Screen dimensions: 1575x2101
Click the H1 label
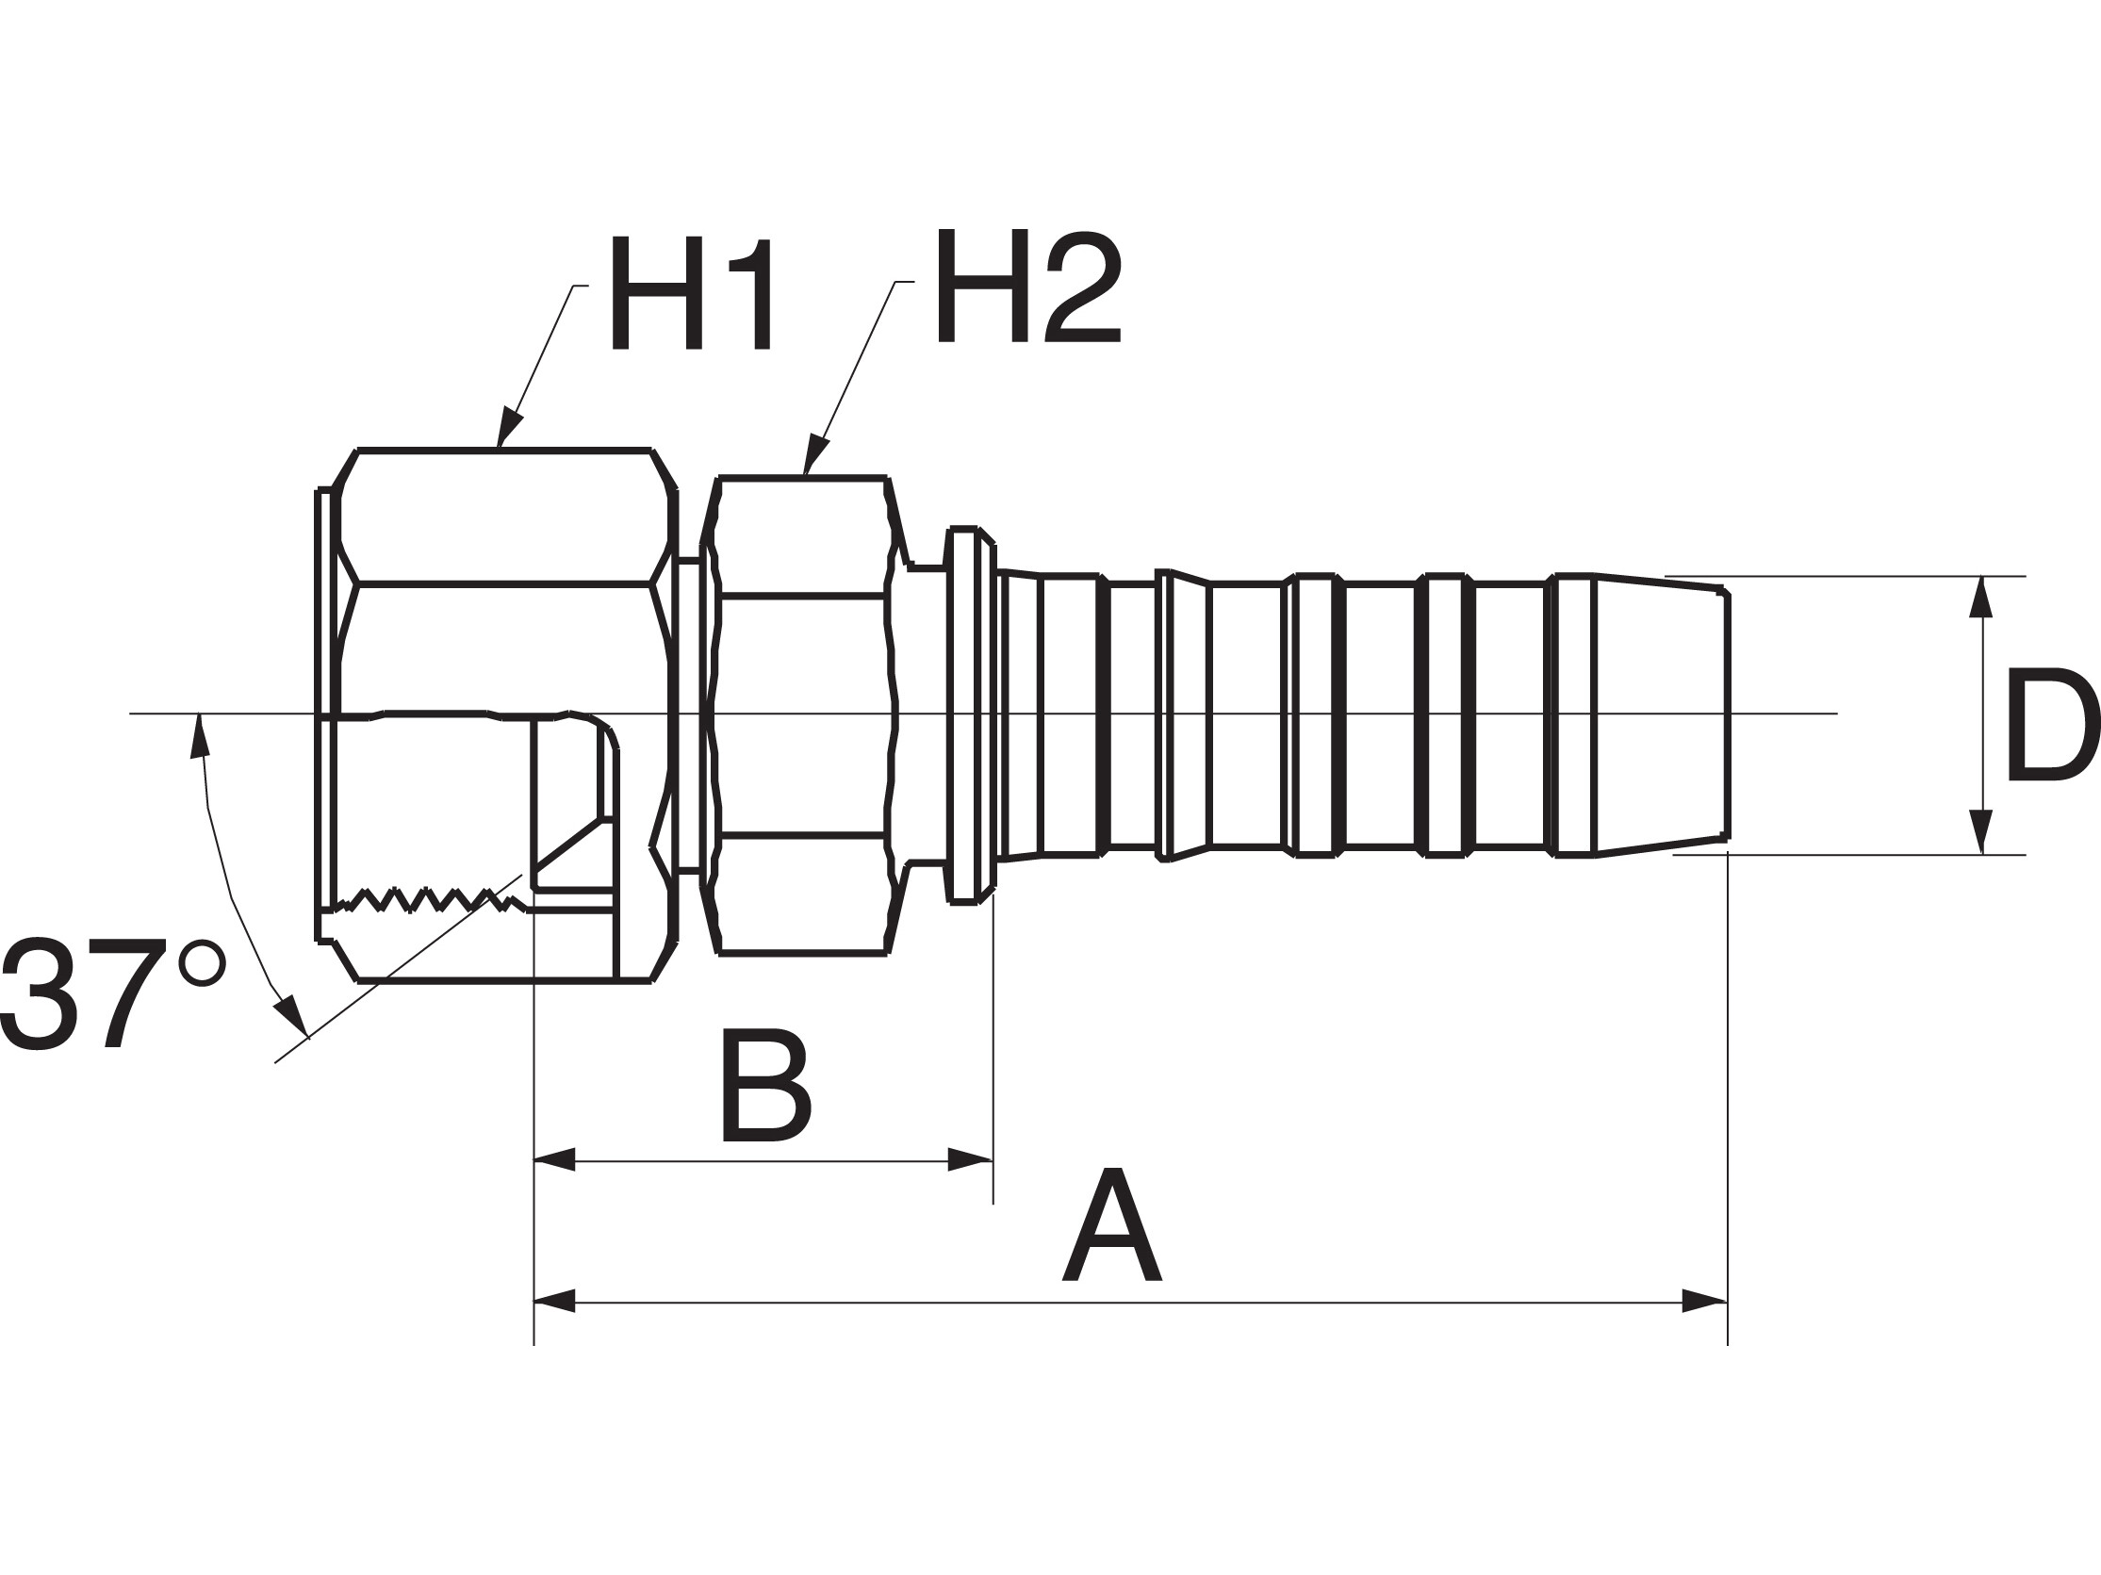692,293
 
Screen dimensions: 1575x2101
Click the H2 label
1027,286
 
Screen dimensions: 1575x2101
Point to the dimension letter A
1111,1225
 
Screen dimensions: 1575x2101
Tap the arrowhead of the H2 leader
815,454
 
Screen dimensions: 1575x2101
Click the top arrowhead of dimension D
1980,599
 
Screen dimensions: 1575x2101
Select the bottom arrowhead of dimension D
1980,830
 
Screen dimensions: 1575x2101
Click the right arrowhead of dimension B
970,1160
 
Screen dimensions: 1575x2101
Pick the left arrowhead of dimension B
555,1160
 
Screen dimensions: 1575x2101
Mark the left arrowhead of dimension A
555,1301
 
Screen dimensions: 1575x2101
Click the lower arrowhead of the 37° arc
291,1019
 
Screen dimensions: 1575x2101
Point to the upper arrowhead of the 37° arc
199,736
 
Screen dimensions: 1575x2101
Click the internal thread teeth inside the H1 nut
427,898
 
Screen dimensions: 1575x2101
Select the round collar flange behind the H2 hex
963,714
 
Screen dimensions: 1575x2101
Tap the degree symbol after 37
203,963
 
